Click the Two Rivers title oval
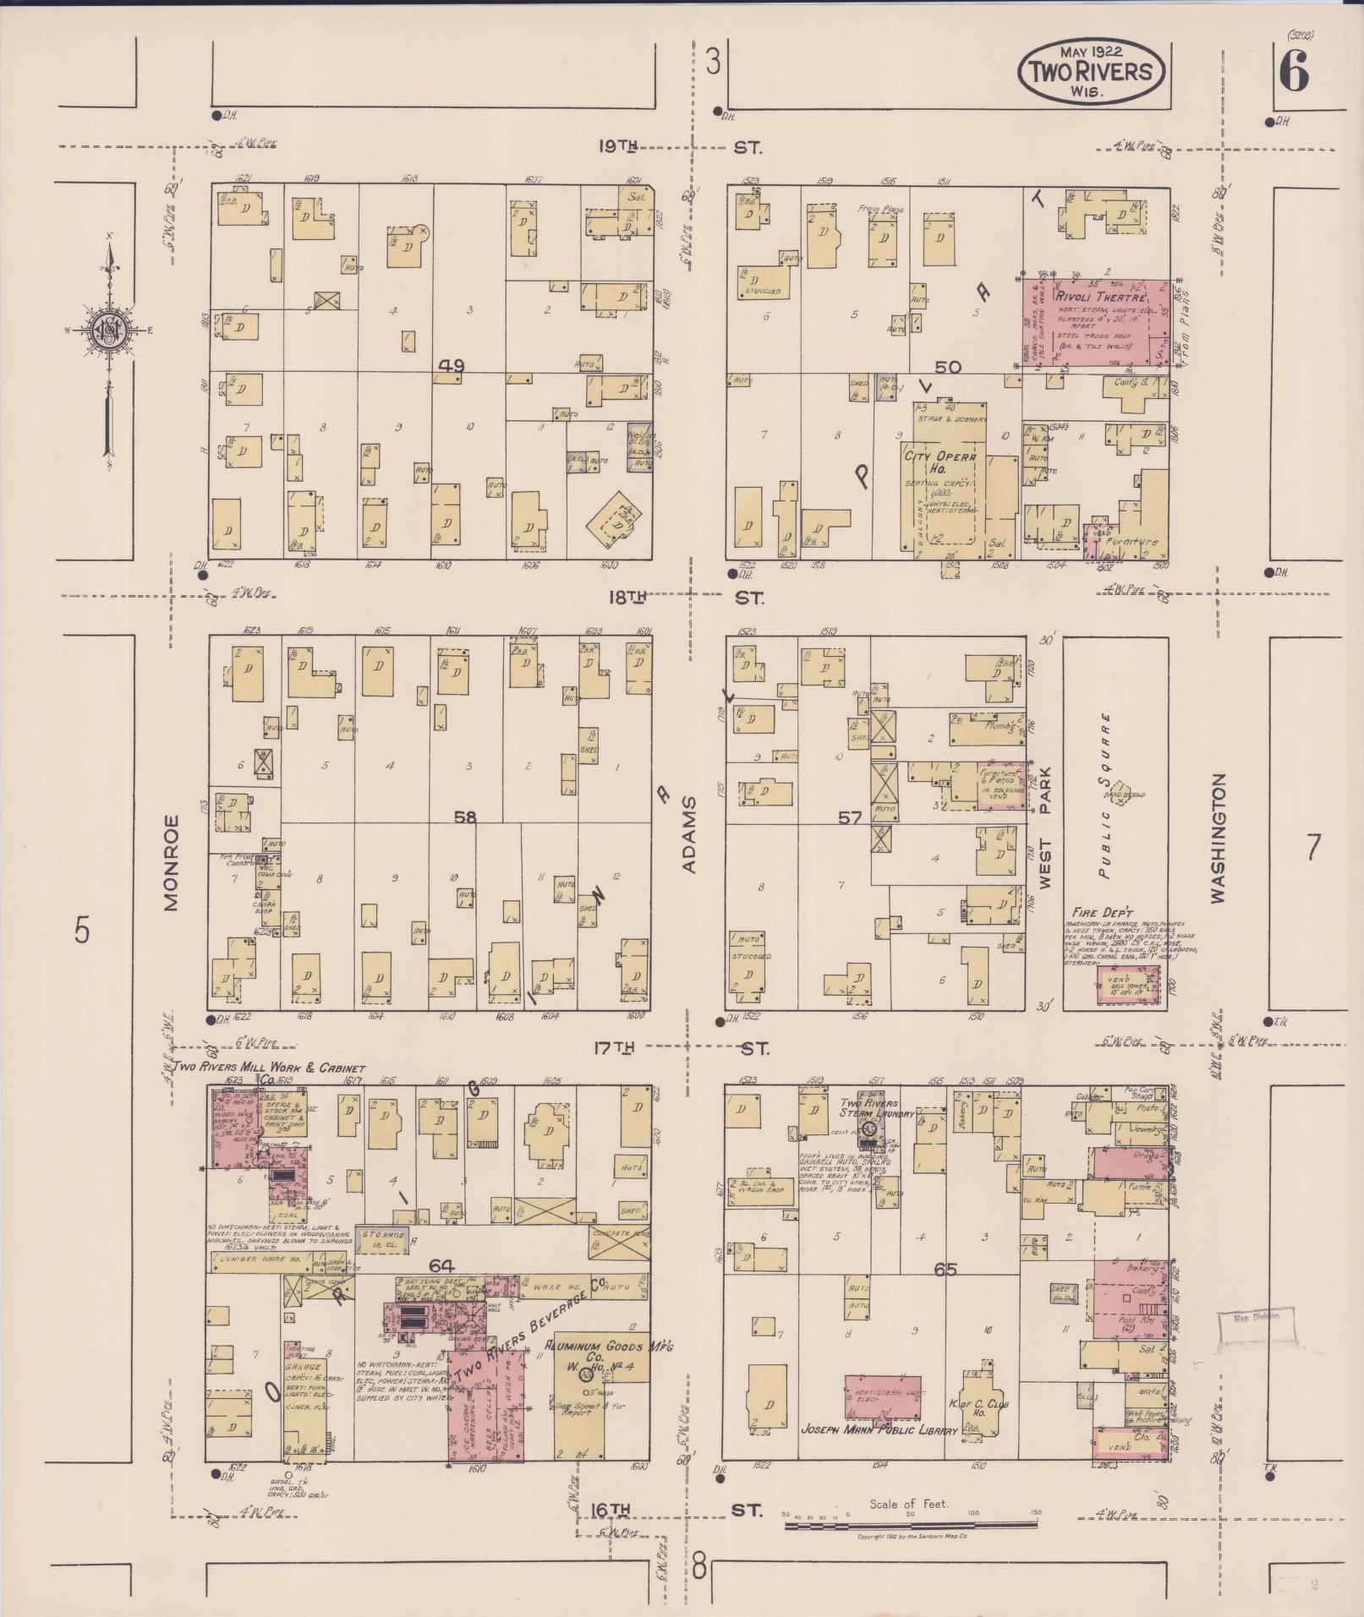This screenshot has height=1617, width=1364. click(x=1089, y=71)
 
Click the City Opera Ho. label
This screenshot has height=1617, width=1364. click(x=940, y=462)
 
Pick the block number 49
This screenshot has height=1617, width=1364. click(x=452, y=366)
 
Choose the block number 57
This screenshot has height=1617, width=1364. click(x=850, y=817)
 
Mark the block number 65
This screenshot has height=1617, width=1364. click(x=945, y=1270)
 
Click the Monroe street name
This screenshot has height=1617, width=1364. click(x=172, y=862)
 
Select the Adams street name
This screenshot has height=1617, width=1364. click(x=689, y=833)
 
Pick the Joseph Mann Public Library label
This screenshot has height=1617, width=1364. click(x=879, y=1430)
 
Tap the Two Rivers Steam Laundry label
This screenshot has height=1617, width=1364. click(x=875, y=1108)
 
